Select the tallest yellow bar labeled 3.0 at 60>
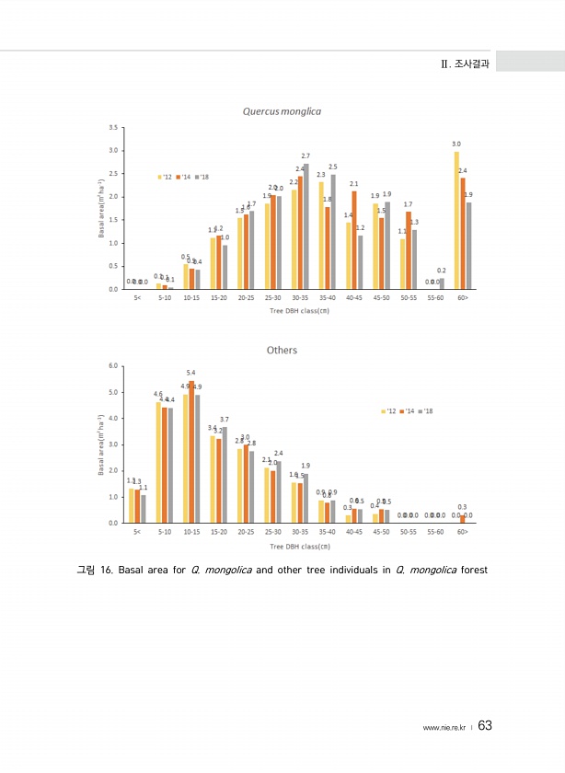coord(456,220)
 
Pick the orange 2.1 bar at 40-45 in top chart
coord(354,240)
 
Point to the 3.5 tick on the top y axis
coord(111,127)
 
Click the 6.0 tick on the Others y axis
coord(112,365)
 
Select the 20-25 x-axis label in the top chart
coord(246,298)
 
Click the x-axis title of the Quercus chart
coord(299,310)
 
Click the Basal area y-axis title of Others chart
coord(99,443)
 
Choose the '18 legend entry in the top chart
coord(202,177)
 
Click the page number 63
coord(486,727)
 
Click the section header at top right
coord(464,63)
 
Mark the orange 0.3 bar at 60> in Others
coord(462,519)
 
